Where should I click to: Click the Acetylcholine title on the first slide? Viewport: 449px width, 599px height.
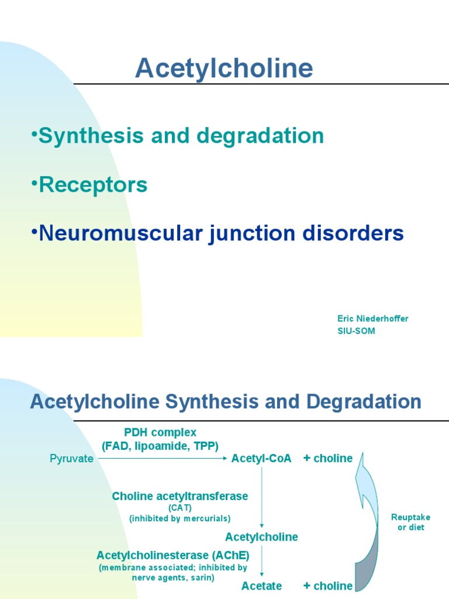pos(224,68)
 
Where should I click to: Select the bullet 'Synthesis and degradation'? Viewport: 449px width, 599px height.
pos(178,136)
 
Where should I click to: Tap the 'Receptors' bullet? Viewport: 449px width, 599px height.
pos(90,185)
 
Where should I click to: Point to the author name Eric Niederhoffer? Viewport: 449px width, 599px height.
pos(372,318)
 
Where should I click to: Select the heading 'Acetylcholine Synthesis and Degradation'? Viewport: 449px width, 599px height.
pos(225,402)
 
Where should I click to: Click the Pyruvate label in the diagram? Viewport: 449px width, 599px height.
pos(71,459)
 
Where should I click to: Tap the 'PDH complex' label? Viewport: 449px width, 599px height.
pos(160,432)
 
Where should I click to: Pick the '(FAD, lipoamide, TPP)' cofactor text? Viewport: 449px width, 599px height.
pos(160,446)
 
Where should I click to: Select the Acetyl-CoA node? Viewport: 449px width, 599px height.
pos(261,459)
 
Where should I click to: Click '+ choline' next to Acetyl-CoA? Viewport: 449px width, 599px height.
pos(328,459)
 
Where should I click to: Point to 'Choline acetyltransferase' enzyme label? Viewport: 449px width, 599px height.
pos(180,496)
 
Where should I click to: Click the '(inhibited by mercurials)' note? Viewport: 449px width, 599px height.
pos(180,518)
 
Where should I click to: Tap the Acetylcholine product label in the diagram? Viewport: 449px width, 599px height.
pos(261,537)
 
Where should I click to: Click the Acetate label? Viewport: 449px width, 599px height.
pos(261,586)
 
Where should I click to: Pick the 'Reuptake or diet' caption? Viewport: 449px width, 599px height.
pos(410,522)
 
